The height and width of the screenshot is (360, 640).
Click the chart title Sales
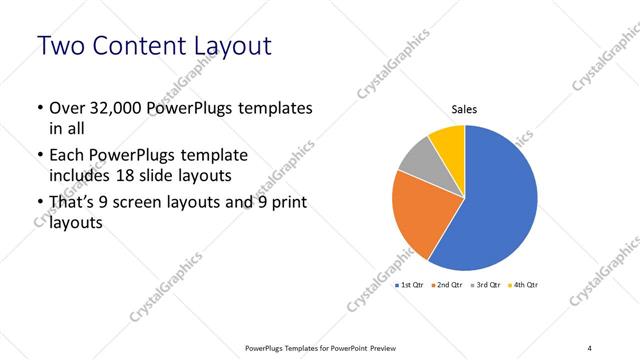464,110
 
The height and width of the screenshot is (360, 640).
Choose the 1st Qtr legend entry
411,285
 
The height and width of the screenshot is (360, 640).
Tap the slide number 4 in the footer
590,347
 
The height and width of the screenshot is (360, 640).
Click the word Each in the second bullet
68,156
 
